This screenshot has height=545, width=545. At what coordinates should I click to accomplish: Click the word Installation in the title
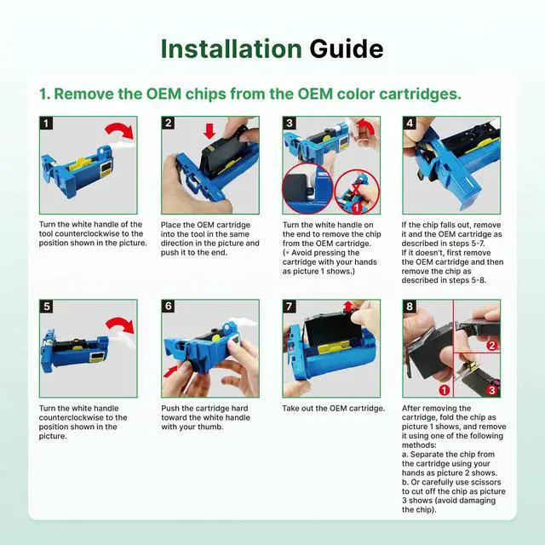point(231,49)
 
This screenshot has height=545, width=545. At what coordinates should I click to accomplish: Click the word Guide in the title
point(347,49)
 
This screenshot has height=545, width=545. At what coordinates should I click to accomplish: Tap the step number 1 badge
point(46,123)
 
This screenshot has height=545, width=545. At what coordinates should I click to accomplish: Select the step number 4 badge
point(410,123)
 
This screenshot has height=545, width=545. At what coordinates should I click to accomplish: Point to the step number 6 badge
point(169,307)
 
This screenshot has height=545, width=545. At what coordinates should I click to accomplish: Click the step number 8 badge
point(410,307)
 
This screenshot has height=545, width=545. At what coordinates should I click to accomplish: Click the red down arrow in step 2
point(209,131)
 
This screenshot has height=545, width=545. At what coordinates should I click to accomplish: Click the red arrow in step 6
point(171,371)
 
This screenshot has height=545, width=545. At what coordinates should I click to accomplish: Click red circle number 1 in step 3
point(356,208)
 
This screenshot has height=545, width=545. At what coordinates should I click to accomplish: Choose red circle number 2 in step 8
point(492,346)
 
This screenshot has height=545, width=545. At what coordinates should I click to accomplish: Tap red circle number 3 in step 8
point(492,390)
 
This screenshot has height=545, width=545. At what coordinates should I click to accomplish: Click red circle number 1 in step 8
point(445,390)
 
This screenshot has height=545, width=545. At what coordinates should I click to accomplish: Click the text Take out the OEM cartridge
point(333,409)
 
